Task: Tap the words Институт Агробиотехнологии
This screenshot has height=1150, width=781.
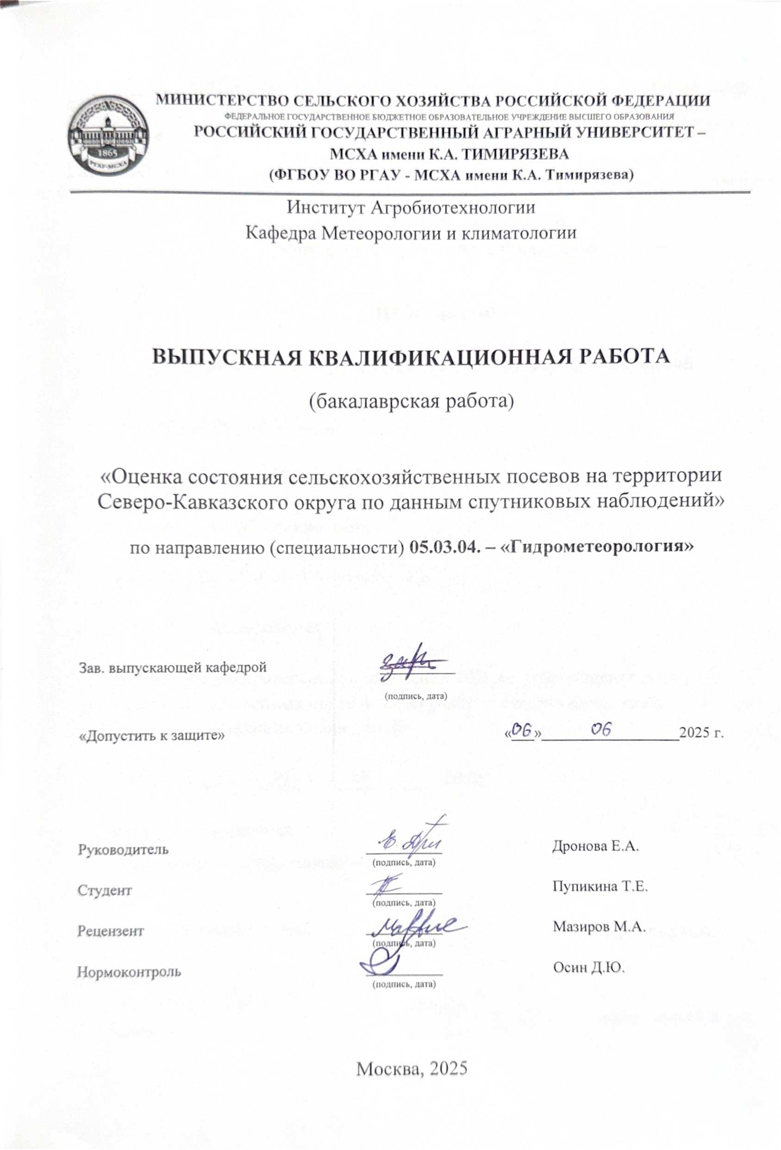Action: [x=411, y=207]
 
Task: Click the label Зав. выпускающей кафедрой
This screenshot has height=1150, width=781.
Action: [x=173, y=666]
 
